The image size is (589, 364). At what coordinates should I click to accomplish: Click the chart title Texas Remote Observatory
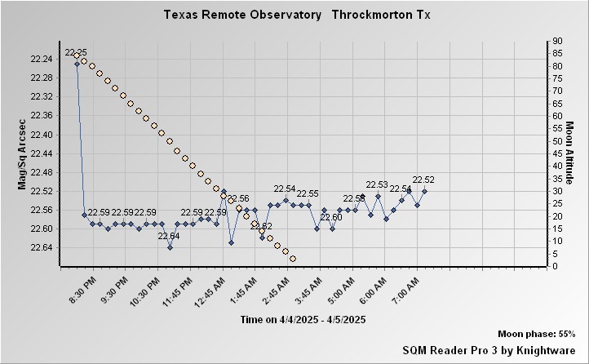242,15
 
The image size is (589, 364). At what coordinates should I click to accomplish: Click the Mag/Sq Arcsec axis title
24,153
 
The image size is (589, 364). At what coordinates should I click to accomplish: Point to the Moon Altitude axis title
569,153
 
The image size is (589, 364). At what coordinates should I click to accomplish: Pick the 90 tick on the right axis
556,41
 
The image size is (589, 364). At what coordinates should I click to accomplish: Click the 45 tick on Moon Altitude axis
556,153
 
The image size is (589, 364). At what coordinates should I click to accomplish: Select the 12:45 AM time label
211,290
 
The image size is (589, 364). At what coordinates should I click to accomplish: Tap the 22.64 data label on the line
169,237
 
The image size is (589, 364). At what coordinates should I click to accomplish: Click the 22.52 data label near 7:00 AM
423,180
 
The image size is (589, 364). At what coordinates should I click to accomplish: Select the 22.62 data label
261,226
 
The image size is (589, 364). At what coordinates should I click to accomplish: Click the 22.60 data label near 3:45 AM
331,217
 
